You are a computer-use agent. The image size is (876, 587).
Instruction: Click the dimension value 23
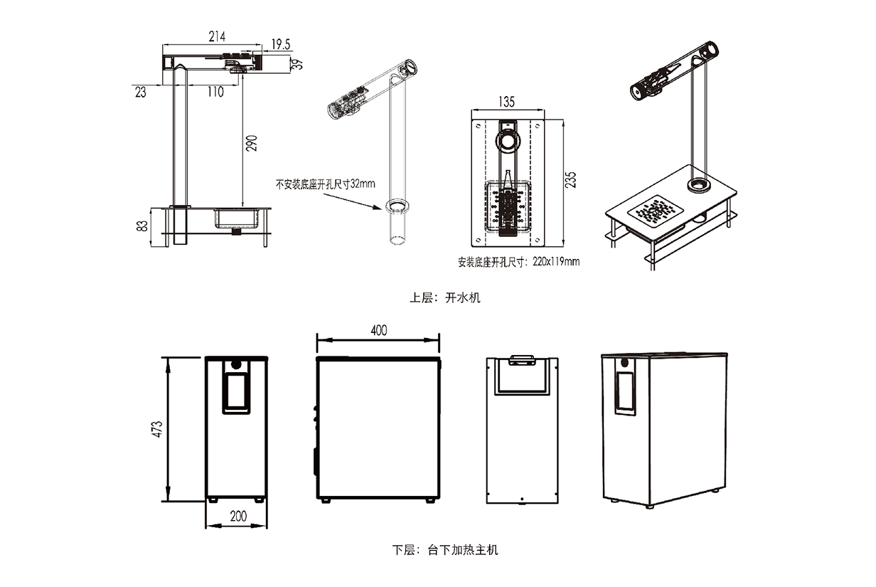point(139,91)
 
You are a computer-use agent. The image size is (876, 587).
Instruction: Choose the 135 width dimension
point(507,102)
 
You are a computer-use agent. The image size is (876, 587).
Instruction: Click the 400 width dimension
point(379,330)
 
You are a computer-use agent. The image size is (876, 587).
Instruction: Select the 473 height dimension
point(157,430)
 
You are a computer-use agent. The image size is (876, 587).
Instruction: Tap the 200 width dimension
point(238,517)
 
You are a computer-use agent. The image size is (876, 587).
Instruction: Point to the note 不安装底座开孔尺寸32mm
point(325,183)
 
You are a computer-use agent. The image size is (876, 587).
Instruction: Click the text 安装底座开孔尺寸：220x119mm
point(519,261)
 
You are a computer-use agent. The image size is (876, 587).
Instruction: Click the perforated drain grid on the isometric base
point(656,211)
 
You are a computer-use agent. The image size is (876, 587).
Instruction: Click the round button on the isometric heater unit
point(624,363)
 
